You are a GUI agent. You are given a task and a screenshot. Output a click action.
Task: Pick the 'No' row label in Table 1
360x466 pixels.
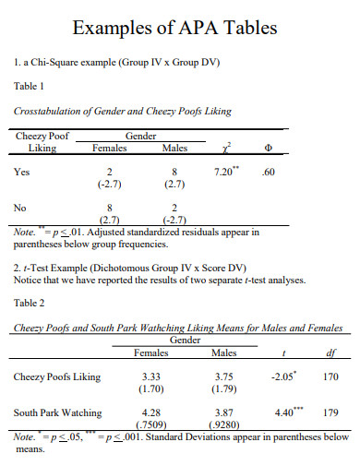[x=21, y=209]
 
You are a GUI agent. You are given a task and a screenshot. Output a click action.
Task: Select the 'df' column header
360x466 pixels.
[x=331, y=352]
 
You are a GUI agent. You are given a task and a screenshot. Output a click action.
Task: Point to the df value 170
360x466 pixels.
[x=330, y=376]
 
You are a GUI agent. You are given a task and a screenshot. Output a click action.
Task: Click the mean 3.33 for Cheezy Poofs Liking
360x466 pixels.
[x=150, y=376]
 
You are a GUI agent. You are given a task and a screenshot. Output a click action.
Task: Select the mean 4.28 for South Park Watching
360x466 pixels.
[x=150, y=412]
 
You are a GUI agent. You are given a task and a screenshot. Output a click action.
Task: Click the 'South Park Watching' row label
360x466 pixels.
[x=58, y=412]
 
